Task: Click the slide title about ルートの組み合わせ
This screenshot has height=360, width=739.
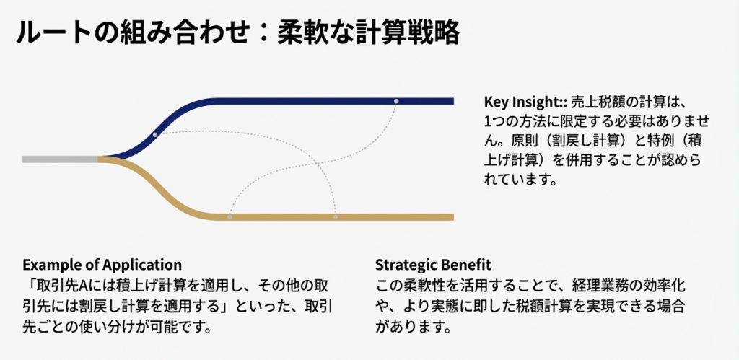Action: [x=237, y=33]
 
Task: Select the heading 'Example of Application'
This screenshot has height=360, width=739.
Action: [x=102, y=264]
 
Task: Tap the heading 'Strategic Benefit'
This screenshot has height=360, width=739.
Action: [x=433, y=265]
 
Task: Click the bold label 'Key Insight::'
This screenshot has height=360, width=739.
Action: [x=525, y=101]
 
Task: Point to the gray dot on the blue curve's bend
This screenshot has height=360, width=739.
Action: [x=155, y=135]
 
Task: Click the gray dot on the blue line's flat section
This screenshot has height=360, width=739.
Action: [x=396, y=101]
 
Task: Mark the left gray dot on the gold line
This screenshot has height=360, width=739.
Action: [x=229, y=216]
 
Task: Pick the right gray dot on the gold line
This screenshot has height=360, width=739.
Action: [x=335, y=216]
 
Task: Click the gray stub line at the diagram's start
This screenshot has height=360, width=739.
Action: [x=61, y=159]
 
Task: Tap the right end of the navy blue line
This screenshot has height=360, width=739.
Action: [x=453, y=101]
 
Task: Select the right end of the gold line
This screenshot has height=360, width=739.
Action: [x=453, y=217]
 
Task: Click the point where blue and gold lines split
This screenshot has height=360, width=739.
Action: [x=100, y=159]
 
